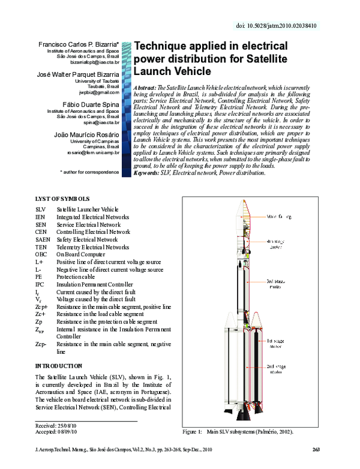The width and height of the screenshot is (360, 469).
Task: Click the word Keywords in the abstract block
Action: (x=147, y=173)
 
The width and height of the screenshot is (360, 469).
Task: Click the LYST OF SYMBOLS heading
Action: (x=62, y=198)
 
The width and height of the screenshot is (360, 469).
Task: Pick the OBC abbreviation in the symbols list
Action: (x=42, y=254)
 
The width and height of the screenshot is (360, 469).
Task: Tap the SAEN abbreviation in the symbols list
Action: (x=43, y=239)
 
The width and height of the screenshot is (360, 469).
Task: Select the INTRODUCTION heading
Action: (x=59, y=366)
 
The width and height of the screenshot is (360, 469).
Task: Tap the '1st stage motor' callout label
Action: (x=275, y=342)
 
